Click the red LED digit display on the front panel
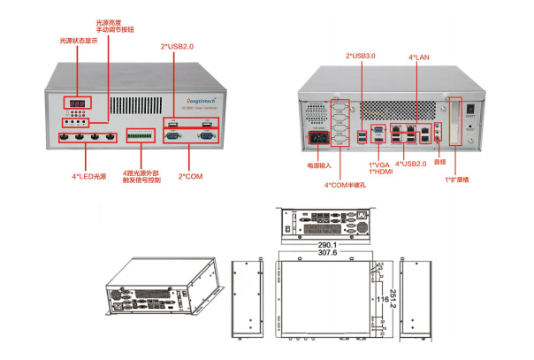[x=78, y=103]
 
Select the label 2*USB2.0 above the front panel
[x=177, y=46]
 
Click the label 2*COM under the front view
[x=192, y=177]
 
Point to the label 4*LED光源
[x=88, y=177]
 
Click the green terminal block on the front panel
[x=141, y=136]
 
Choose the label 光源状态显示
[x=76, y=41]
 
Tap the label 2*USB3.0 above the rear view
[x=361, y=56]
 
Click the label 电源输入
[x=317, y=165]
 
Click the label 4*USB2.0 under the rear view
[x=410, y=165]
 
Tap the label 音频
[x=439, y=165]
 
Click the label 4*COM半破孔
[x=345, y=185]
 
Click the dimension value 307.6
[x=327, y=252]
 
